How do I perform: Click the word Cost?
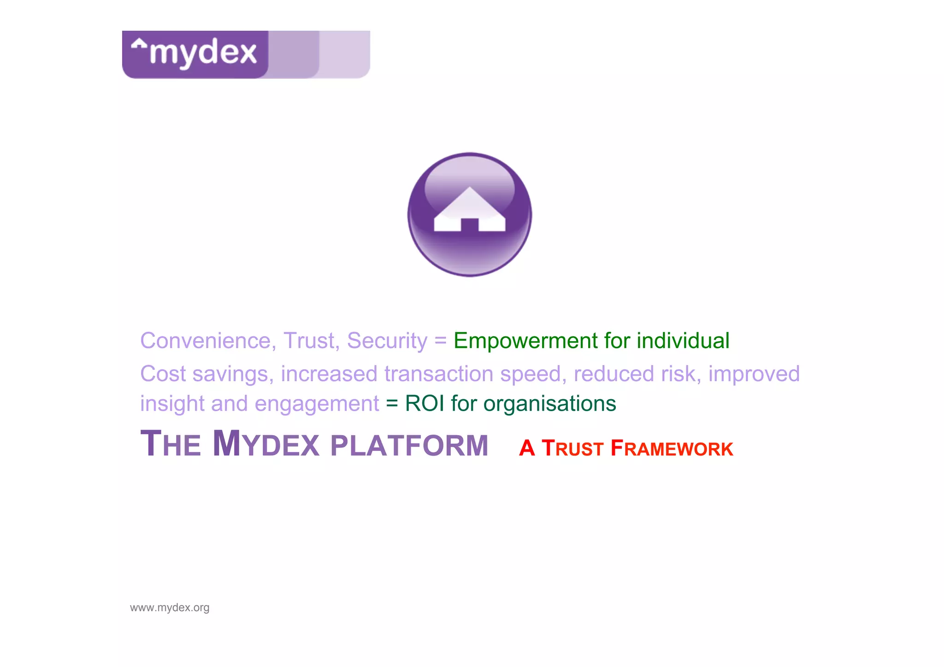pyautogui.click(x=163, y=374)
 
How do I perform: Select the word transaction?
pyautogui.click(x=438, y=374)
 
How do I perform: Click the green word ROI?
pyautogui.click(x=425, y=404)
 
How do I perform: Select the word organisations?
pyautogui.click(x=549, y=404)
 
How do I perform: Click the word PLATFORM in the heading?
pyautogui.click(x=409, y=446)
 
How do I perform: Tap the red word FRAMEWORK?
pyautogui.click(x=672, y=449)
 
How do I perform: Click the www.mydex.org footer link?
pyautogui.click(x=170, y=608)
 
